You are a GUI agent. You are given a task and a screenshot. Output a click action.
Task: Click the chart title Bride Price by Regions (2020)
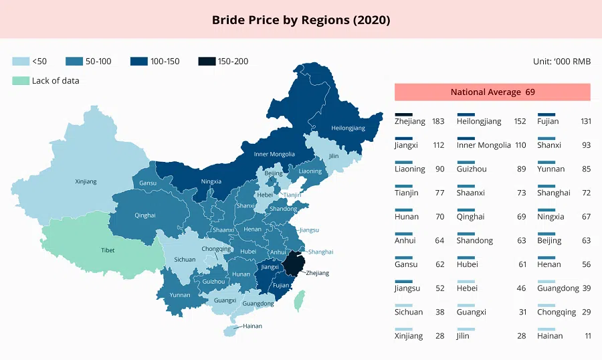pyautogui.click(x=301, y=19)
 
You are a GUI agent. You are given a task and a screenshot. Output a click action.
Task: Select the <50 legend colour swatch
pyautogui.click(x=21, y=62)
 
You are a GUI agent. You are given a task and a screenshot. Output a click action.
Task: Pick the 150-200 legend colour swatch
pyautogui.click(x=207, y=62)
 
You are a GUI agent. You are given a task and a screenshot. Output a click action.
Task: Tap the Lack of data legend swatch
pyautogui.click(x=21, y=80)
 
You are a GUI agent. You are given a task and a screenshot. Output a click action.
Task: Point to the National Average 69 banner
pyautogui.click(x=492, y=92)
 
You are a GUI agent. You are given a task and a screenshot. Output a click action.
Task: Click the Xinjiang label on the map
pyautogui.click(x=86, y=181)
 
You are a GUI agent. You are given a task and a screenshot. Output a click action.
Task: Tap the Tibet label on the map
pyautogui.click(x=108, y=250)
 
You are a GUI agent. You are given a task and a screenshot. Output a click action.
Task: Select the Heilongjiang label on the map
pyautogui.click(x=348, y=128)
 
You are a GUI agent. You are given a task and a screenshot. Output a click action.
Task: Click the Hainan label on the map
pyautogui.click(x=252, y=326)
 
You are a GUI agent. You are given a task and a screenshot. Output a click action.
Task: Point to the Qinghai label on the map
pyautogui.click(x=144, y=215)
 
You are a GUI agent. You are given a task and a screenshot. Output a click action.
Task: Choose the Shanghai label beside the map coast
pyautogui.click(x=320, y=252)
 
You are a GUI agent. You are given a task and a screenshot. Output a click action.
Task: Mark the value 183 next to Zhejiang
pyautogui.click(x=438, y=121)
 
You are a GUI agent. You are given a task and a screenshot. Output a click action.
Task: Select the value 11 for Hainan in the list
pyautogui.click(x=587, y=336)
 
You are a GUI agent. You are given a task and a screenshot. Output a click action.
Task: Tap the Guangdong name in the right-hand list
pyautogui.click(x=558, y=288)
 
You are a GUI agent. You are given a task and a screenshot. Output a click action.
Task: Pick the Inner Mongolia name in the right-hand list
pyautogui.click(x=484, y=145)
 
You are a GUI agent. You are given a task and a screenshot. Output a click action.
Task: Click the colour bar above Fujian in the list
pyautogui.click(x=546, y=114)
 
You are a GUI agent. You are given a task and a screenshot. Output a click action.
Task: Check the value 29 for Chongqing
pyautogui.click(x=587, y=312)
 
